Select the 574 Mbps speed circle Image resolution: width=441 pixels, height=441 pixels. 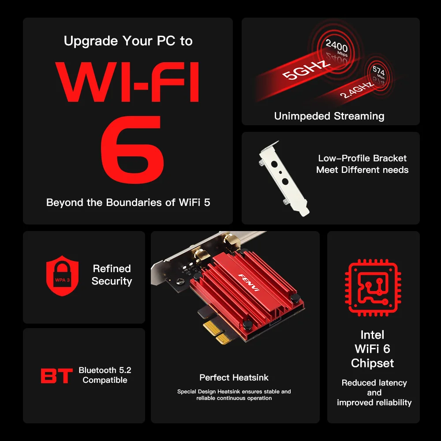pyautogui.click(x=378, y=72)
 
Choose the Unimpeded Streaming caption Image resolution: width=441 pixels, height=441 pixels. pyautogui.click(x=329, y=116)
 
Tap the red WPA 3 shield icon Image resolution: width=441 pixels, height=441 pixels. pyautogui.click(x=63, y=275)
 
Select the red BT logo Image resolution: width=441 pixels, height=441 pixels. pyautogui.click(x=57, y=376)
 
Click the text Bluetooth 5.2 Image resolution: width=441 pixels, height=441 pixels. pyautogui.click(x=105, y=370)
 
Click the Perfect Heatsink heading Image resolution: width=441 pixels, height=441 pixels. pyautogui.click(x=234, y=377)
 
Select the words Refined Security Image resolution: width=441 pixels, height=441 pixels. pyautogui.click(x=112, y=275)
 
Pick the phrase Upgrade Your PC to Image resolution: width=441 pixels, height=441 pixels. pyautogui.click(x=128, y=41)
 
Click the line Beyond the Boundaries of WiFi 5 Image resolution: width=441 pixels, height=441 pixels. pyautogui.click(x=128, y=202)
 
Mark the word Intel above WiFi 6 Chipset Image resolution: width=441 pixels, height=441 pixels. pyautogui.click(x=373, y=335)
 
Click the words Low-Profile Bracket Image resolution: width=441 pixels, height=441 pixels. pyautogui.click(x=362, y=158)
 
